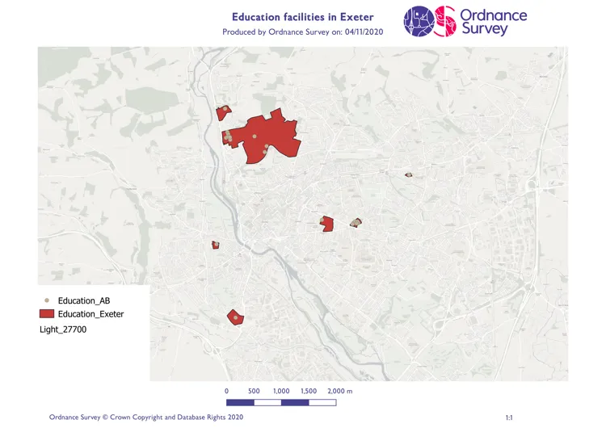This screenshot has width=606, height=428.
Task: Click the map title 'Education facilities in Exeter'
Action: [x=302, y=16]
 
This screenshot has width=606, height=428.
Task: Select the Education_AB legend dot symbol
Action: [x=46, y=300]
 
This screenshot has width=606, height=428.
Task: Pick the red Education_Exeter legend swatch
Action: [x=46, y=313]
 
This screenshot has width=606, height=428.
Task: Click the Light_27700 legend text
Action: [x=63, y=329]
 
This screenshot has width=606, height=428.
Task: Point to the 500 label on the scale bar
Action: [x=254, y=391]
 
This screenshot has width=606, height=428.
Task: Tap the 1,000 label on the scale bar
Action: [x=281, y=391]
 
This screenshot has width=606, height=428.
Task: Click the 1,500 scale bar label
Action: [x=309, y=391]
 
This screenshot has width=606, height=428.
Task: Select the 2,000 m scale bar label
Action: [x=340, y=391]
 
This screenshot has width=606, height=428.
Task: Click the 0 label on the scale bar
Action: [x=226, y=391]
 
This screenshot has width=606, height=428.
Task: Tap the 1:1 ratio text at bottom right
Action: [x=509, y=418]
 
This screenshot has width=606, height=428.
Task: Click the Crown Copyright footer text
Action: [x=145, y=418]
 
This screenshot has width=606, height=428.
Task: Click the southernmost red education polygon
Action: [x=235, y=317]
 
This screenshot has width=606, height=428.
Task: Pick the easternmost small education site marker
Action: [x=409, y=174]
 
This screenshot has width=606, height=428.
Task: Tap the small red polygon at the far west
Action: [x=216, y=245]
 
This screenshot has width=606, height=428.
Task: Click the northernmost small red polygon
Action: [x=223, y=112]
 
